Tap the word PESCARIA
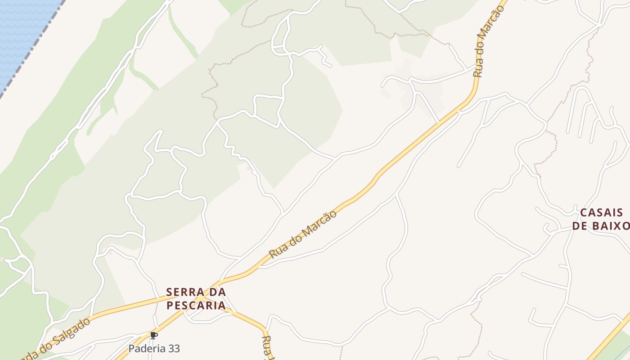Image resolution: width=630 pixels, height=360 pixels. tap(196, 306)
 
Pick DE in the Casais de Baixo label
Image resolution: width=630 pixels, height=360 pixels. tap(580, 226)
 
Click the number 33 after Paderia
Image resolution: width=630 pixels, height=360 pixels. tap(174, 348)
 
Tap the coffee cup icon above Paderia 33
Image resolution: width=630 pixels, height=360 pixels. tap(153, 335)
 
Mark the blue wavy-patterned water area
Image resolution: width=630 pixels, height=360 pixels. tap(22, 31)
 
